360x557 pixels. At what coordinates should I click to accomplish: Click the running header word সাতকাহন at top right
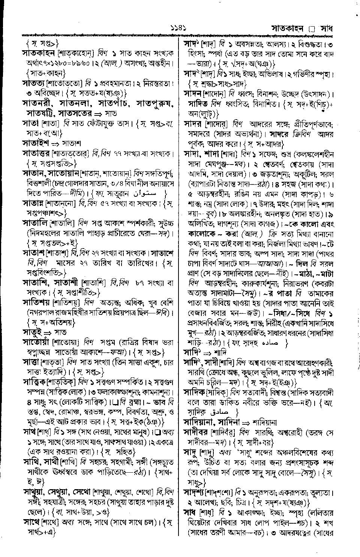[289, 29]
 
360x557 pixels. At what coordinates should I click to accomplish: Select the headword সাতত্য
[35, 82]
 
